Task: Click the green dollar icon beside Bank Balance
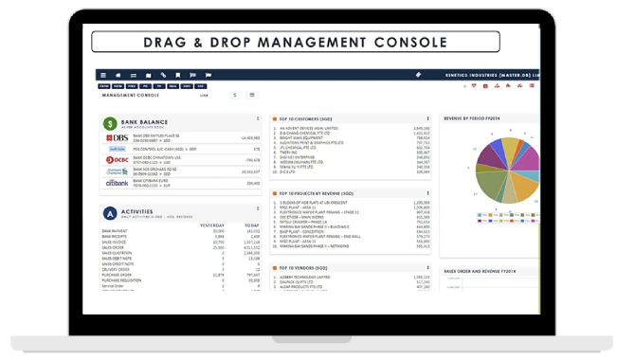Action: pos(111,123)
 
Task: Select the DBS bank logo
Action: pos(118,138)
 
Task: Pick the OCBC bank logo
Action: pos(117,160)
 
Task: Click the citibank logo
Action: pos(117,183)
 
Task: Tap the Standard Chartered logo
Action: pos(117,171)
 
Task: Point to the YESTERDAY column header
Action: pos(210,224)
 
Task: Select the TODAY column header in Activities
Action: pos(251,224)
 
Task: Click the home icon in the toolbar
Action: pos(118,74)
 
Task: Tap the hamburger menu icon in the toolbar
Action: pos(102,74)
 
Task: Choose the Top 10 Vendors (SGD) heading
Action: pos(308,268)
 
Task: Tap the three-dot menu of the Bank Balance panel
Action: pos(258,118)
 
